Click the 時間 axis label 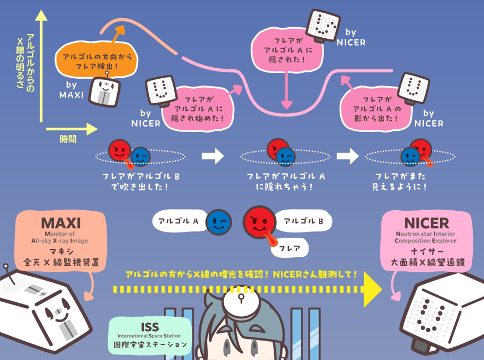[68, 139]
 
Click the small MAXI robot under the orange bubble [105, 91]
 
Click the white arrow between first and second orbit [213, 156]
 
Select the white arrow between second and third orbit [347, 156]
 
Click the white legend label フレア [289, 249]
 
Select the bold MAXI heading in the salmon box [60, 223]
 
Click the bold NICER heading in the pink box [426, 223]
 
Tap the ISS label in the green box [150, 327]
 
